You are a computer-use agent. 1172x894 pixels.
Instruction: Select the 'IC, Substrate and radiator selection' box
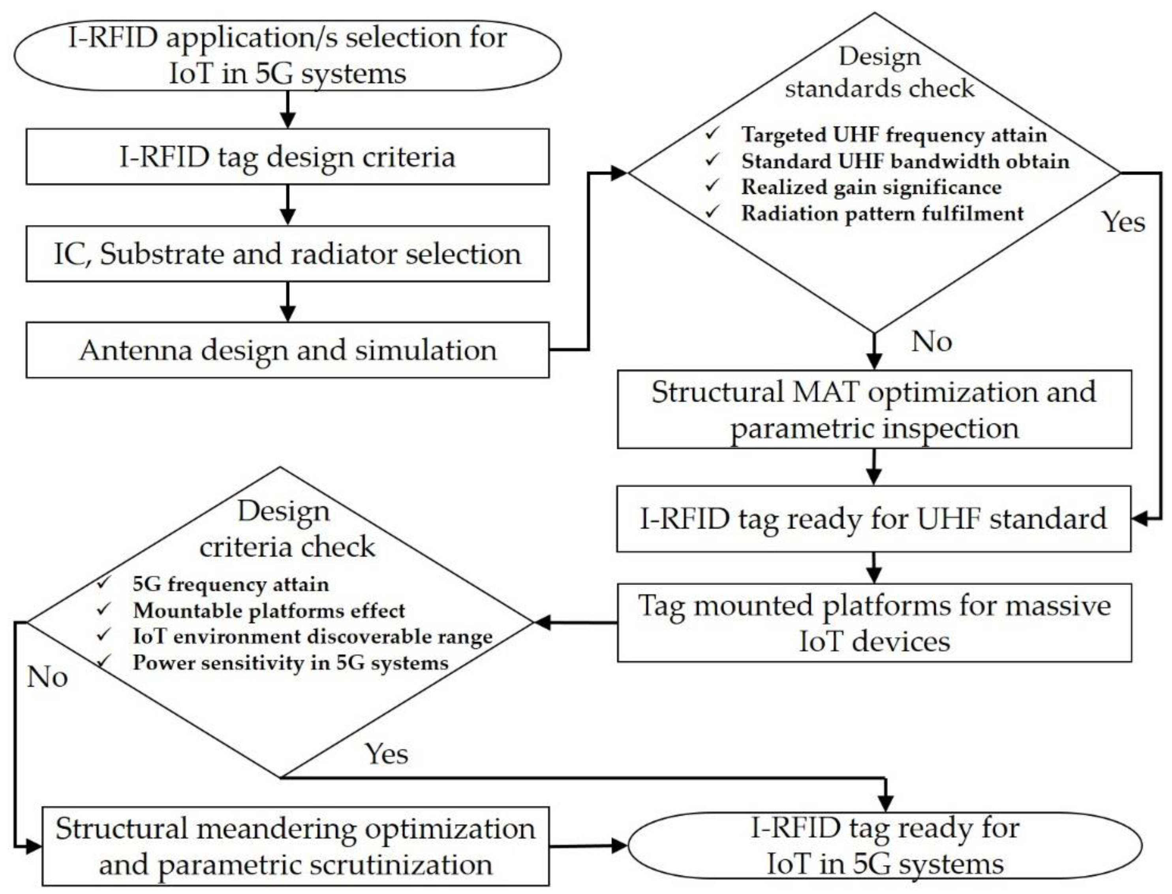pyautogui.click(x=287, y=254)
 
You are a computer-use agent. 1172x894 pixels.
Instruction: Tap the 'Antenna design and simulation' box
pyautogui.click(x=287, y=350)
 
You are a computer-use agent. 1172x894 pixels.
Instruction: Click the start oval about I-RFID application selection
pyautogui.click(x=287, y=55)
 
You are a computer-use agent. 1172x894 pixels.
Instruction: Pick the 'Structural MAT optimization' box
pyautogui.click(x=874, y=409)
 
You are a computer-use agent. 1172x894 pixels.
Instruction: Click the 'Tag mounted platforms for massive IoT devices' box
pyautogui.click(x=874, y=622)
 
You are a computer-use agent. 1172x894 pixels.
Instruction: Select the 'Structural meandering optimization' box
pyautogui.click(x=295, y=846)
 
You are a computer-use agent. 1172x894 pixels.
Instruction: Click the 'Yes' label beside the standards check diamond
pyautogui.click(x=1123, y=221)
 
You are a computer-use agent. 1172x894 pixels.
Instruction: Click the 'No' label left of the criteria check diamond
pyautogui.click(x=47, y=677)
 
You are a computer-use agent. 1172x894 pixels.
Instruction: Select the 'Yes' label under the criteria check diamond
pyautogui.click(x=387, y=753)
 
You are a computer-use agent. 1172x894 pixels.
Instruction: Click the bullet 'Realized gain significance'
pyautogui.click(x=871, y=187)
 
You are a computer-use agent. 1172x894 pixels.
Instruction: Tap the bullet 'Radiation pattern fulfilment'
pyautogui.click(x=882, y=214)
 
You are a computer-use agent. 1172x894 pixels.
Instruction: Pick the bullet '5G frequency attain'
pyautogui.click(x=231, y=584)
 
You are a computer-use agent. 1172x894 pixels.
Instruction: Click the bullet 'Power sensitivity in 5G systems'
pyautogui.click(x=290, y=663)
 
